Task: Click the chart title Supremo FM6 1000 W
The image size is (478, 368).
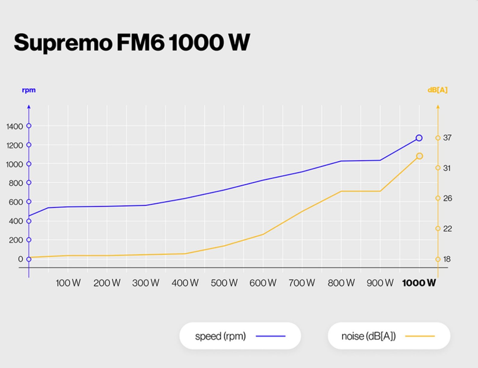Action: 131,43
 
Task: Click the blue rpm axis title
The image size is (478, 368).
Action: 29,90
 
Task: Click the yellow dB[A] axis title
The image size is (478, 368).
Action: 437,90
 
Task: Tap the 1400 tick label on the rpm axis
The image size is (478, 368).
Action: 15,126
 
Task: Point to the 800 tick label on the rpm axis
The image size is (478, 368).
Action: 16,183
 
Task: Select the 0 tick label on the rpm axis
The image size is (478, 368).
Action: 20,259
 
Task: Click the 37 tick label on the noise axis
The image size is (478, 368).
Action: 447,138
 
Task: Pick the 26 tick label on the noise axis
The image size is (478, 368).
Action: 448,198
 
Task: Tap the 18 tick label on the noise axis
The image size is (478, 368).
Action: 447,259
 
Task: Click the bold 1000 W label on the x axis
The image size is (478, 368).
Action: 419,283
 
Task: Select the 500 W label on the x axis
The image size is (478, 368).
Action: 224,283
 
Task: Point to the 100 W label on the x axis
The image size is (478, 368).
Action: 68,283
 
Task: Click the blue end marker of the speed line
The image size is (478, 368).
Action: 419,138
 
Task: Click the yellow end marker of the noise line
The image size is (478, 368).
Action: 419,156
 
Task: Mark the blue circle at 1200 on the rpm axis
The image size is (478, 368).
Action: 29,145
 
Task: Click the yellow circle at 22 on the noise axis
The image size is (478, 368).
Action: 438,229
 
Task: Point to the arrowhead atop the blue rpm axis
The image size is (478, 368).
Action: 29,106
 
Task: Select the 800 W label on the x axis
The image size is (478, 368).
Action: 341,283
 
